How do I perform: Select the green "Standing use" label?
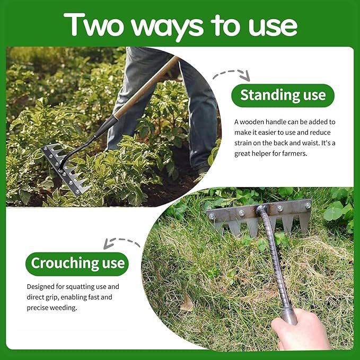[283, 95]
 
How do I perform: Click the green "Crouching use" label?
[78, 264]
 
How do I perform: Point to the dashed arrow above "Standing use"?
[232, 74]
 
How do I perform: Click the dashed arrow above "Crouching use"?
[122, 241]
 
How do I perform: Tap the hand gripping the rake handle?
[300, 331]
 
